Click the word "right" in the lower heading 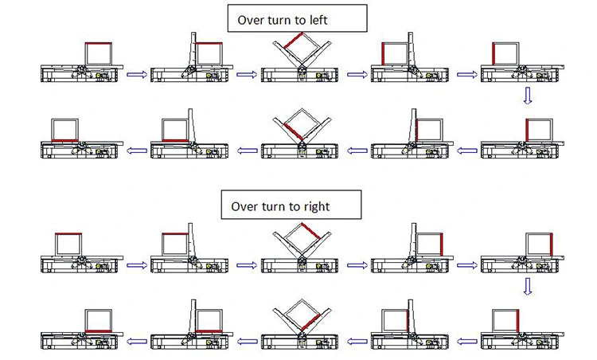tap(315, 206)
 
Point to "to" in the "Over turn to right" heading tap(295, 206)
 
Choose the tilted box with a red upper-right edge tap(299, 239)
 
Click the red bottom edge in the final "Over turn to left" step tap(63, 139)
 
